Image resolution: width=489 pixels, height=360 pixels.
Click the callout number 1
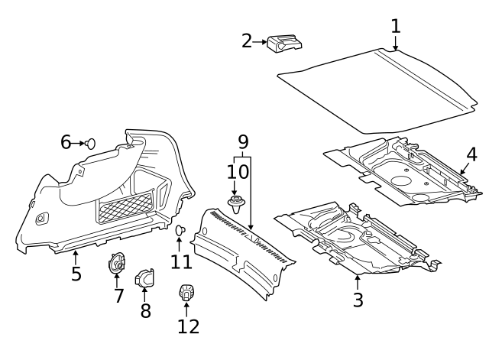(x=395, y=26)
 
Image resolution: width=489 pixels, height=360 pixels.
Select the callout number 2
(x=247, y=41)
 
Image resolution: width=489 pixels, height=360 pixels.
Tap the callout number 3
(x=358, y=300)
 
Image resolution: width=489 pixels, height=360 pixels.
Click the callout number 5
(x=76, y=273)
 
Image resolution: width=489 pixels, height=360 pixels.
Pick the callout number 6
(x=66, y=142)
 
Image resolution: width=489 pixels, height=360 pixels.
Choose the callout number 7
(x=118, y=295)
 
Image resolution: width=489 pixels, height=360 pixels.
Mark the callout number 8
(x=144, y=310)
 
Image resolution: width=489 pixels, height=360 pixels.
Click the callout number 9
(x=243, y=141)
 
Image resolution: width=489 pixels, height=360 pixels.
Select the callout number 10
(x=237, y=171)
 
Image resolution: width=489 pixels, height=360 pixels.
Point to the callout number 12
(x=188, y=326)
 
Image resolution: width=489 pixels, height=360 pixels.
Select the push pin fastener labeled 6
(x=90, y=142)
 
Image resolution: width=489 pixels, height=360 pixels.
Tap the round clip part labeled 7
(x=117, y=264)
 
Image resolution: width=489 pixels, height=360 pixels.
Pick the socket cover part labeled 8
(x=144, y=280)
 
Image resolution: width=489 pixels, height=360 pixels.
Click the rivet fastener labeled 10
(x=236, y=204)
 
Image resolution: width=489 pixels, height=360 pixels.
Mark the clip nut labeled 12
(x=186, y=292)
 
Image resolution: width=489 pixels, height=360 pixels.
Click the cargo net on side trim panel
(x=125, y=206)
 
